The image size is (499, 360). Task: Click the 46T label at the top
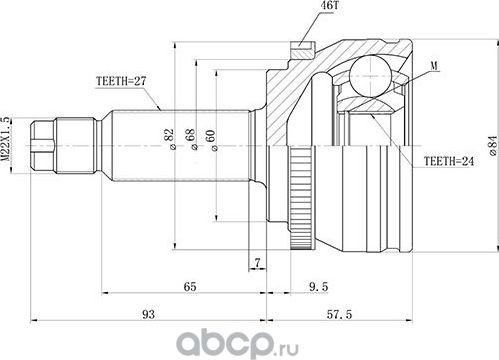(x=303, y=8)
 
